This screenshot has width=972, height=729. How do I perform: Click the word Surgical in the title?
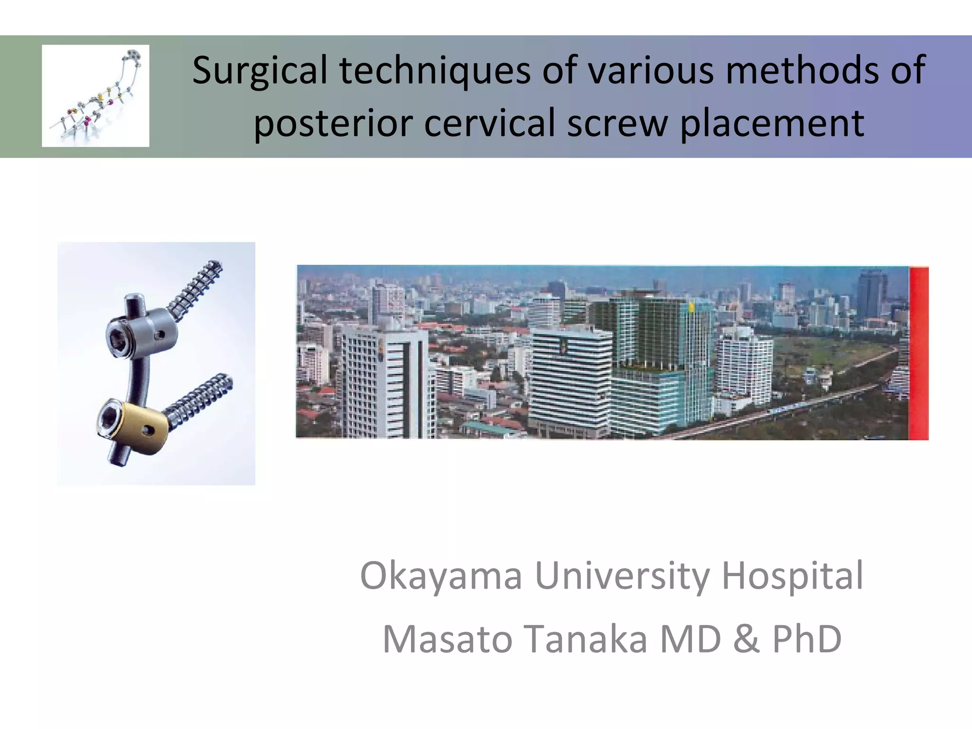260,70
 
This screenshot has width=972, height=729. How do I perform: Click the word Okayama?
441,576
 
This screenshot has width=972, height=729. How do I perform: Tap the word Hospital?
792,576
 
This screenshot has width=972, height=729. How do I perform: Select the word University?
622,576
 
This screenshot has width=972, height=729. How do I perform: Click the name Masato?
448,639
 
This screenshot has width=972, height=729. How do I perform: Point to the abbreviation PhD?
807,639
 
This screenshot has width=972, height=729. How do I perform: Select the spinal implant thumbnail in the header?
95,96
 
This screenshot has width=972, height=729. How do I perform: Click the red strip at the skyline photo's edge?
919,353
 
